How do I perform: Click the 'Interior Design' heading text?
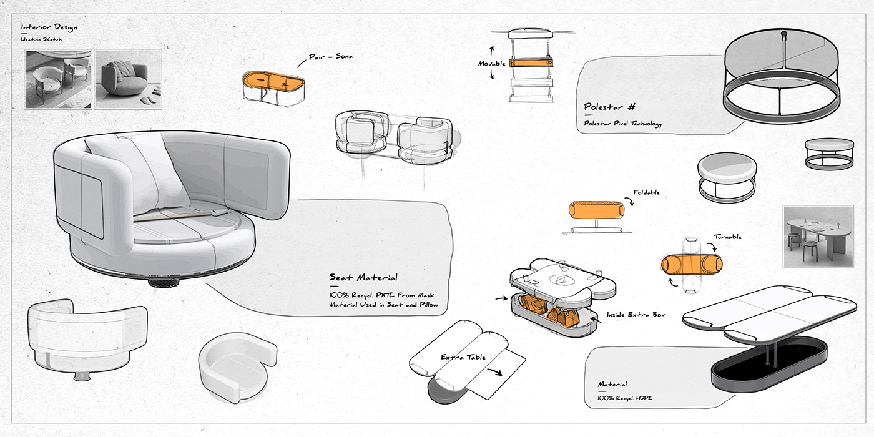coord(49,28)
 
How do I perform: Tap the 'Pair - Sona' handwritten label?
coord(331,57)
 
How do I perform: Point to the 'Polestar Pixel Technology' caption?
coord(622,124)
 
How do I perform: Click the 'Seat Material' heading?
coord(363,277)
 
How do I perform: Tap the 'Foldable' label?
coord(646,193)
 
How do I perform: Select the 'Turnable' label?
coord(728,238)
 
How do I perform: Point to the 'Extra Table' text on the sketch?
coord(463,357)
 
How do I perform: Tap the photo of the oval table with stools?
coord(818,235)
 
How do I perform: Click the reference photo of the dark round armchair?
coord(127,79)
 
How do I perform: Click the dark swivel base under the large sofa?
coord(164,282)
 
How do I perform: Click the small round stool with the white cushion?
coord(727,177)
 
